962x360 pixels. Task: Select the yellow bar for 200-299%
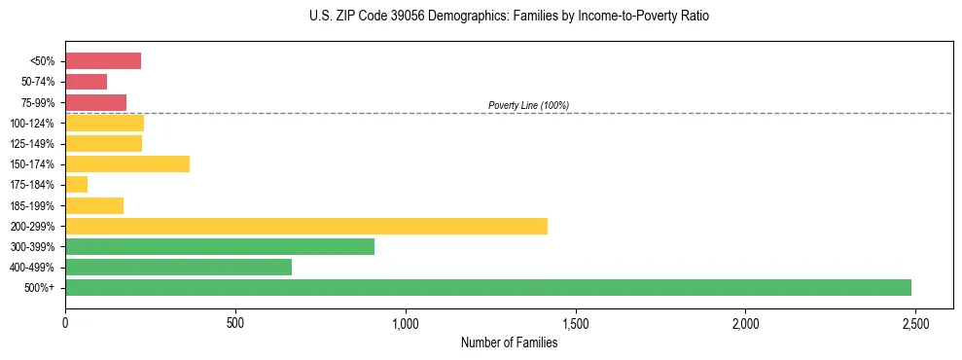306,226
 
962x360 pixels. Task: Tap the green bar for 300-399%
220,246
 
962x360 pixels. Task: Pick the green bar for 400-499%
178,267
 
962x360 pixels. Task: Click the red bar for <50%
103,61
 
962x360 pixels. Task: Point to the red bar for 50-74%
86,82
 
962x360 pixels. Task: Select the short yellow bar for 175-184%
76,185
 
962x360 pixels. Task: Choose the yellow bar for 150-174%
127,163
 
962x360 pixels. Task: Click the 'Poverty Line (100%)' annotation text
528,105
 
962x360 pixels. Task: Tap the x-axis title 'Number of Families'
509,342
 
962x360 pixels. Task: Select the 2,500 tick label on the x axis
914,322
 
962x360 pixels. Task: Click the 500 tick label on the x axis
234,322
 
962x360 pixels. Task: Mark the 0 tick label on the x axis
65,322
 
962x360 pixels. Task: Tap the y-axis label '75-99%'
38,103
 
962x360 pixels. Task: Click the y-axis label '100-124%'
34,124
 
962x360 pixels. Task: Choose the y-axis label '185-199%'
34,205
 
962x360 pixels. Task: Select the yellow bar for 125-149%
103,143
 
